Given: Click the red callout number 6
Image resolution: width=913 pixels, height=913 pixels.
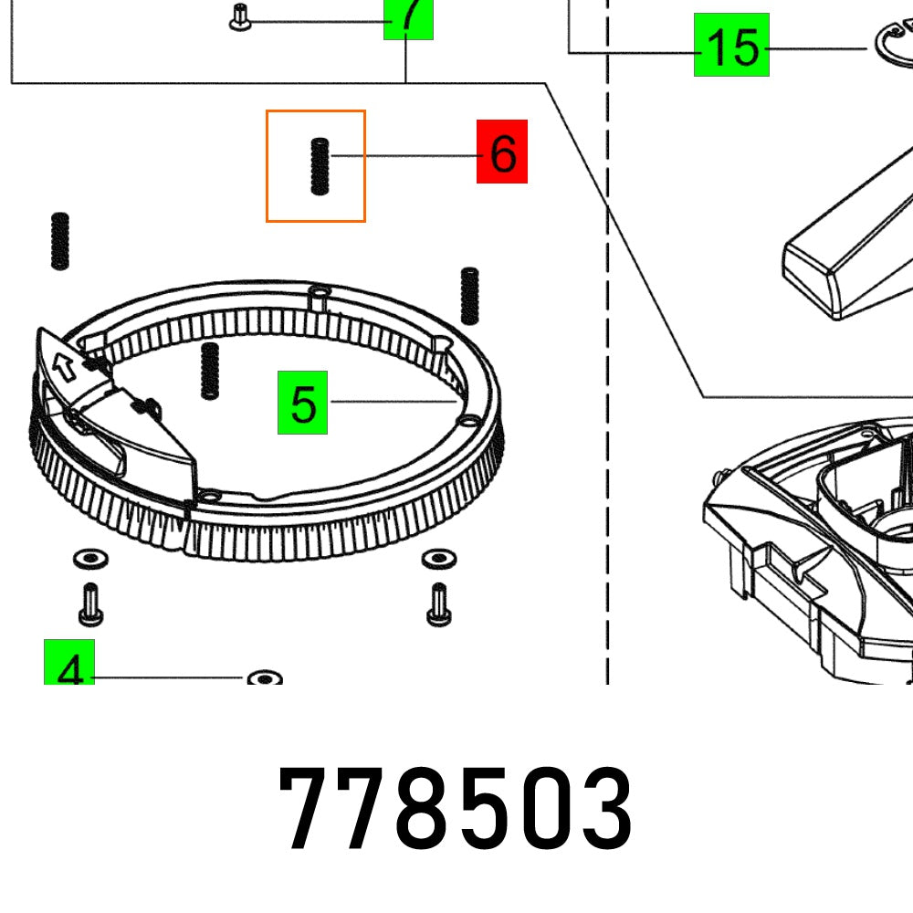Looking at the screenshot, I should pyautogui.click(x=501, y=153).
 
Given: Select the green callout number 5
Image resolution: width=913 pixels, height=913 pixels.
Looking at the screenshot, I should pyautogui.click(x=303, y=403).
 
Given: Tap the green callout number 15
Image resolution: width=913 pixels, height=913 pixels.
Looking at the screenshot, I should pyautogui.click(x=731, y=46).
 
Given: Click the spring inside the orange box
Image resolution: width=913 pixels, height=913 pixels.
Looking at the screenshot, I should pyautogui.click(x=319, y=165).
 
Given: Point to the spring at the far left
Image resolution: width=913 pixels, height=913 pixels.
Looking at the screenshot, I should pyautogui.click(x=60, y=240).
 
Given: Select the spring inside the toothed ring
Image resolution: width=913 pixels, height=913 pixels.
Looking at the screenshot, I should pyautogui.click(x=209, y=371).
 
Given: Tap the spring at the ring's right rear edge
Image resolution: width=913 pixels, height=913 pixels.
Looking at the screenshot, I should pyautogui.click(x=469, y=295).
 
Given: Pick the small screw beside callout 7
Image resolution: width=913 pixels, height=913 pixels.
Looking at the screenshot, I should pyautogui.click(x=241, y=18).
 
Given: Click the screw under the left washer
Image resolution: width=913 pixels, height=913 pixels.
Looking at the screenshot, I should pyautogui.click(x=89, y=604).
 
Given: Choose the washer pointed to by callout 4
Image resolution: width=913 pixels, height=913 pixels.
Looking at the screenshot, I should pyautogui.click(x=264, y=678).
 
